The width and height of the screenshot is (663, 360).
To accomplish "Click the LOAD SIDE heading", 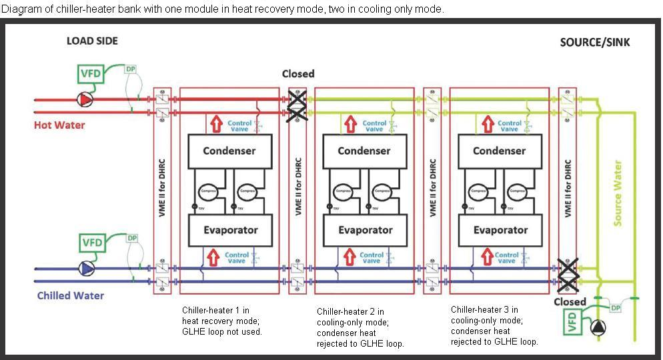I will pos(92,41).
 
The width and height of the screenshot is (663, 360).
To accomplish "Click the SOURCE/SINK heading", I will pos(594,42).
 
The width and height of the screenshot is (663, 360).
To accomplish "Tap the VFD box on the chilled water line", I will pos(91,242).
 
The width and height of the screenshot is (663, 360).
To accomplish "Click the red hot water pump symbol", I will pos(85,99).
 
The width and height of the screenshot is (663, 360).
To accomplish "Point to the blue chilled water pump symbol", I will pos(86,268).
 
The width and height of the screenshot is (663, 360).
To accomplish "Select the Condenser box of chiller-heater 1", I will pos(229,151).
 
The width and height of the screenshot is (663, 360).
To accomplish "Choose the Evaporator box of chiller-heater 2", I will pos(365,230).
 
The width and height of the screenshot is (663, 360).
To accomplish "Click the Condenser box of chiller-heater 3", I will pos(500,151).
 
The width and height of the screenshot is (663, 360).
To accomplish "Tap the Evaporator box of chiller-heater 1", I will pos(229,230).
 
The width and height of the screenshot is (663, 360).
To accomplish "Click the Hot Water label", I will pos(59,125).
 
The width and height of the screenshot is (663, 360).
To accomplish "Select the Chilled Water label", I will pos(70,295).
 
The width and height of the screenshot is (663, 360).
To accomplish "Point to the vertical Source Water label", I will pos(618,193).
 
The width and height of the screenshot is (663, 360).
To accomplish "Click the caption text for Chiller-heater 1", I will pos(222,321).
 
